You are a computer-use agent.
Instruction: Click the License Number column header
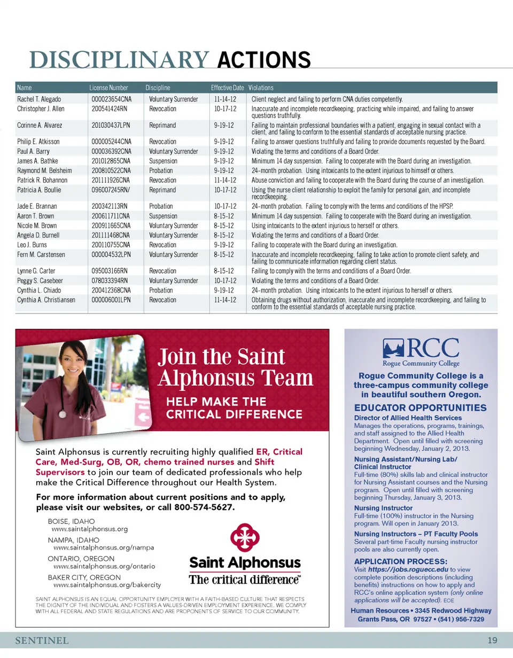click(108, 88)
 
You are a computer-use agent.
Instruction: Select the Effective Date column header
click(227, 88)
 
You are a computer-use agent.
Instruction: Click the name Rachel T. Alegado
click(39, 99)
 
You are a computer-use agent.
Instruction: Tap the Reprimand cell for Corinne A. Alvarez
click(162, 126)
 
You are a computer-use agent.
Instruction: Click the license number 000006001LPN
click(111, 300)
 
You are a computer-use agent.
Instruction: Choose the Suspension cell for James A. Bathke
click(163, 161)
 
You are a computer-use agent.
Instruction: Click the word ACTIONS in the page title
click(264, 60)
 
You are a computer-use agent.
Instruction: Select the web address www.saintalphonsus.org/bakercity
click(107, 585)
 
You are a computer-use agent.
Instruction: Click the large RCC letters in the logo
click(433, 349)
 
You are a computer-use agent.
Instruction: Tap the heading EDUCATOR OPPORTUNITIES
click(421, 408)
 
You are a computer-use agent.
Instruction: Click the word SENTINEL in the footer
click(42, 640)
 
